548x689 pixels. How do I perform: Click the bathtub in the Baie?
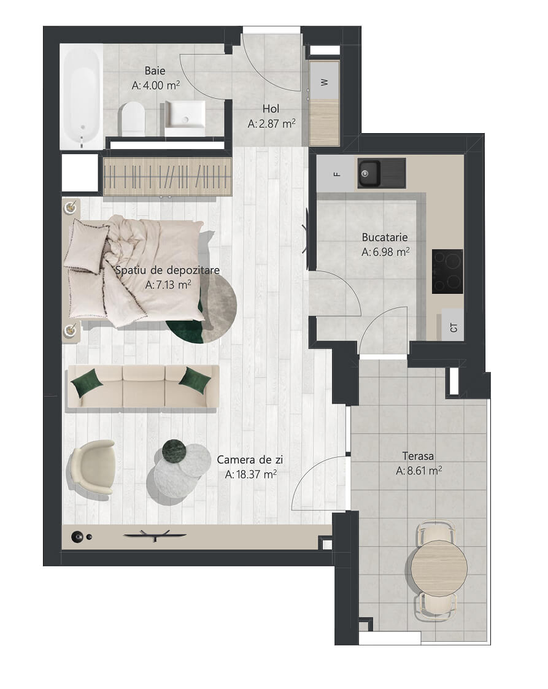tap(81, 96)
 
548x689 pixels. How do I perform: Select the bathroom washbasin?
tap(185, 118)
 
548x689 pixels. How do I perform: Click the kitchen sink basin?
tap(369, 173)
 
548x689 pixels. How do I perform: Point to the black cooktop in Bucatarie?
tap(447, 271)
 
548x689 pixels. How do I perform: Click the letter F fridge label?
tap(337, 174)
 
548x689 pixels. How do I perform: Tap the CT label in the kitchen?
tap(453, 327)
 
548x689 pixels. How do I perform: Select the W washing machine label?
tap(325, 82)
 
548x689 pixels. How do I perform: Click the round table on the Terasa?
tap(439, 568)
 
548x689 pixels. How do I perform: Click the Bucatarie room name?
tap(385, 237)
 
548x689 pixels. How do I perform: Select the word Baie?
tap(155, 71)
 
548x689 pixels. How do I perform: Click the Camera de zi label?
tap(250, 460)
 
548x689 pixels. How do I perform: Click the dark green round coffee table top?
tap(174, 451)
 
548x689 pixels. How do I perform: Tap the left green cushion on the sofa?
tap(87, 383)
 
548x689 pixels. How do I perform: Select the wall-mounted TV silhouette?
tap(155, 535)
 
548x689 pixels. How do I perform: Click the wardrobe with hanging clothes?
tap(168, 176)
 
